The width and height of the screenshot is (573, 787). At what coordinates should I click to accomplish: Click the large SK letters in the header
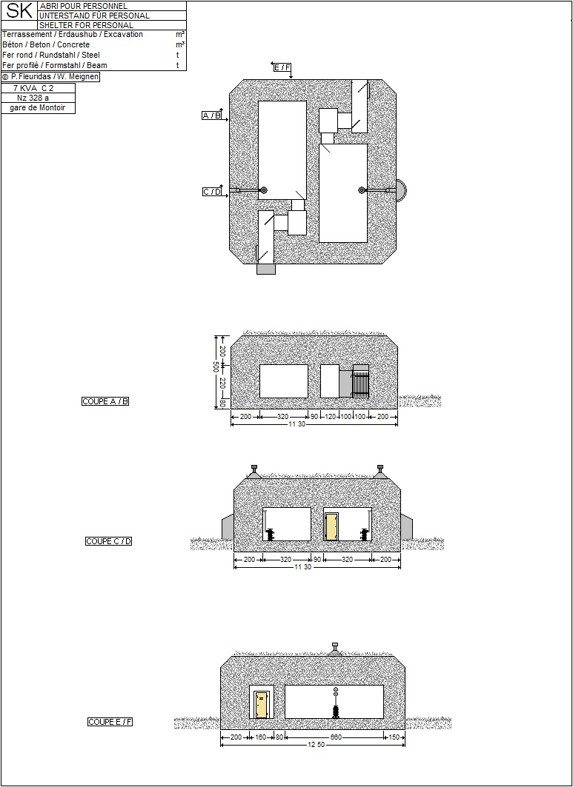tap(19, 11)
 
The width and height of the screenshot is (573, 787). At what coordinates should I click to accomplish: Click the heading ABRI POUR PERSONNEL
tap(84, 6)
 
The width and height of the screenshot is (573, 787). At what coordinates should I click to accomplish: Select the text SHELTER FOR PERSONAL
tap(87, 25)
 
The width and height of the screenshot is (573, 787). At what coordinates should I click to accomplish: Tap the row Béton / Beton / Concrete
tap(46, 44)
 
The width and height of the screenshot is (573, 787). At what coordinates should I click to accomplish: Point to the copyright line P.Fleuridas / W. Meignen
tap(50, 77)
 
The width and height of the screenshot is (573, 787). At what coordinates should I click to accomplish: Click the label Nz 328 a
tap(33, 98)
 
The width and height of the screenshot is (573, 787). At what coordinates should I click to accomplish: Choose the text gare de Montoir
tap(38, 108)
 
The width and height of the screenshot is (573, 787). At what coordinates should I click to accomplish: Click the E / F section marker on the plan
tap(282, 67)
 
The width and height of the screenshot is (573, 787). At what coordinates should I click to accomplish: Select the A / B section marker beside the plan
tap(211, 115)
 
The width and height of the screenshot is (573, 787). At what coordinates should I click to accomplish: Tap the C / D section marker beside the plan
tap(212, 192)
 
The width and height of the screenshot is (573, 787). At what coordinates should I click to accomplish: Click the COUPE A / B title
tap(105, 401)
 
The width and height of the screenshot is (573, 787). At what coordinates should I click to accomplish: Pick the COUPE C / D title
tap(108, 541)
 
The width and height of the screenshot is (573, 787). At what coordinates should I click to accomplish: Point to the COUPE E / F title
tap(110, 722)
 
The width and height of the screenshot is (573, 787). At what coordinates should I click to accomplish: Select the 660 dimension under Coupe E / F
tap(336, 737)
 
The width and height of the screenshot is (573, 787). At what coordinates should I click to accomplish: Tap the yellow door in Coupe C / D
tap(331, 527)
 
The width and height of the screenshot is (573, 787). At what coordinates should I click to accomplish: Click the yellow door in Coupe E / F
tap(261, 705)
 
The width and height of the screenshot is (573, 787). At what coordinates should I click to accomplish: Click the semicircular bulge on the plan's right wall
tap(402, 190)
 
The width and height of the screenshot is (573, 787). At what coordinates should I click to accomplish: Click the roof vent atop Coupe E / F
tap(335, 649)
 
